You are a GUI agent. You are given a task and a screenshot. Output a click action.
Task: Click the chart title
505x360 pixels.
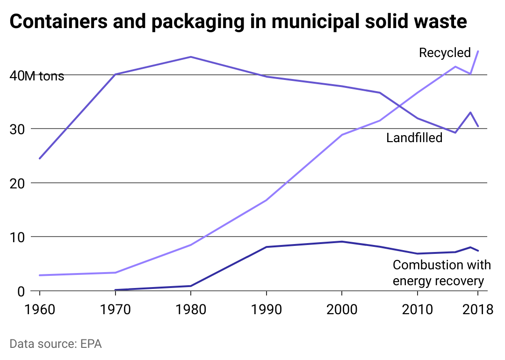[x=238, y=22]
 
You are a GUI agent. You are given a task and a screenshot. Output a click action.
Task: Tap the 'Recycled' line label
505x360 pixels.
[x=445, y=52]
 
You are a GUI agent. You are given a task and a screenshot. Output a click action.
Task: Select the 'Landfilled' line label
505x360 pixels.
[x=414, y=137]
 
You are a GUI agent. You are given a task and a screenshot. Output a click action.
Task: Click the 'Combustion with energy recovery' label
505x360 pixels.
[x=441, y=273]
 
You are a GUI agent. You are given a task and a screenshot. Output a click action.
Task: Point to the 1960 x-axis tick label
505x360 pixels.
[x=39, y=310]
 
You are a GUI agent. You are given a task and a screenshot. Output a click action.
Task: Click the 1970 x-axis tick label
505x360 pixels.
[x=115, y=310]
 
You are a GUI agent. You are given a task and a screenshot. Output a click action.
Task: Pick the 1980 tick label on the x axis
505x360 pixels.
[x=191, y=310]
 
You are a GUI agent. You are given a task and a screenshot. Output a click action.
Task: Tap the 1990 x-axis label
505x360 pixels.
[x=266, y=310]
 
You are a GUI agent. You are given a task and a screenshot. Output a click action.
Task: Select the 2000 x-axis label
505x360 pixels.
[x=342, y=310]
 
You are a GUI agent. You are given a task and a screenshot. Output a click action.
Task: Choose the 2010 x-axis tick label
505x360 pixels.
[x=418, y=310]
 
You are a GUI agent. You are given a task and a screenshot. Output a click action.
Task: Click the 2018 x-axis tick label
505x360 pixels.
[x=477, y=310]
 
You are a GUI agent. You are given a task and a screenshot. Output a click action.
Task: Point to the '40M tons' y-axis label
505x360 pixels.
[x=37, y=76]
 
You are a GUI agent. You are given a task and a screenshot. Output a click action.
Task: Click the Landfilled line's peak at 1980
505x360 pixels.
[x=191, y=57]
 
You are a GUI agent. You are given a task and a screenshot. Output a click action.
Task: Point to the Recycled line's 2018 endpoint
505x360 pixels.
[x=478, y=51]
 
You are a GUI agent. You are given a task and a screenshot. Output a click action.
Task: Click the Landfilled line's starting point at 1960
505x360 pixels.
[x=39, y=158]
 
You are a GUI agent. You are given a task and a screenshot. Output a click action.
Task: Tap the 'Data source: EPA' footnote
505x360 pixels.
[x=56, y=344]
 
